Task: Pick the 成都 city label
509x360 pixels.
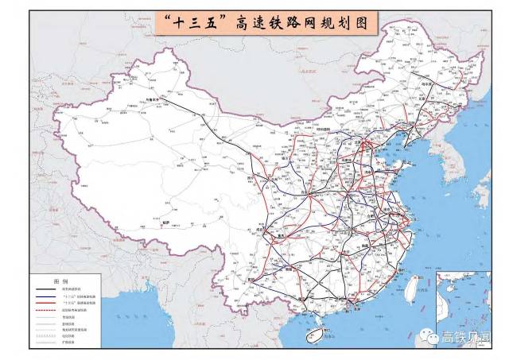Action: (275, 226)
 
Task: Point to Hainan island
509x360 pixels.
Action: (317, 337)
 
